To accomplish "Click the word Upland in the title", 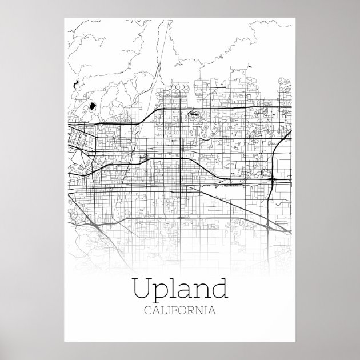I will click(179, 289).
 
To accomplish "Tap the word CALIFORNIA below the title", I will click(179, 311).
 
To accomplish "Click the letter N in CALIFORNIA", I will click(201, 311).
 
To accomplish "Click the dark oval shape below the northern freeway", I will click(195, 114).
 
